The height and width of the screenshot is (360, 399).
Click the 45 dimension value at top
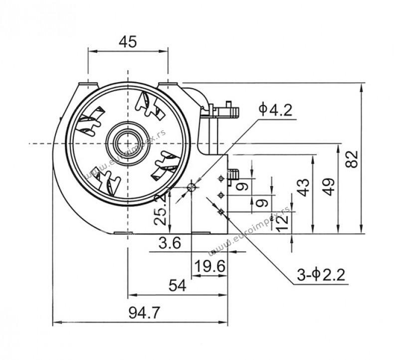pyautogui.click(x=128, y=42)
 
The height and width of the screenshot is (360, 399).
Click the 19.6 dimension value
pyautogui.click(x=209, y=267)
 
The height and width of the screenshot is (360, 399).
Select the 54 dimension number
pyautogui.click(x=178, y=285)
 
